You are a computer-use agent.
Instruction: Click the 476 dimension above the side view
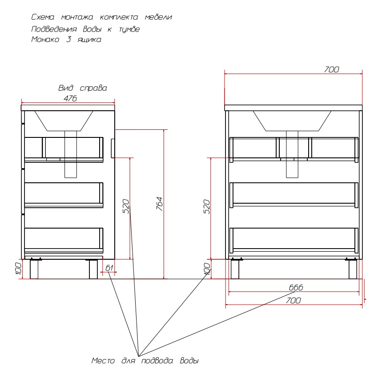[x=70, y=98]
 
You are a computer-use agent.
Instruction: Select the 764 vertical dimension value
[x=160, y=204]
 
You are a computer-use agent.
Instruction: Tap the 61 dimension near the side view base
[x=109, y=268]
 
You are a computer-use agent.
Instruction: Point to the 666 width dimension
[x=296, y=287]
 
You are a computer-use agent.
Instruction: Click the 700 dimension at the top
[x=331, y=69]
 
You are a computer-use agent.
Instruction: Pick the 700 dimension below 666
[x=294, y=300]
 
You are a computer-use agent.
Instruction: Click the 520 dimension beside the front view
[x=207, y=207]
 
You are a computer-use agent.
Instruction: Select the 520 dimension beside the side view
[x=126, y=206]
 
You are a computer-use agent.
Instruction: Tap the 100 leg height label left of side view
[x=18, y=269]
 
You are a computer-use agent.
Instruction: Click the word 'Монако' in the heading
[x=45, y=39]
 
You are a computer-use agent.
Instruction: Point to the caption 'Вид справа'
[x=83, y=88]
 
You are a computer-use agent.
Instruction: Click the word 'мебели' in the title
[x=158, y=17]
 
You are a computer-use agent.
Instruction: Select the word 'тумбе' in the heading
[x=129, y=29]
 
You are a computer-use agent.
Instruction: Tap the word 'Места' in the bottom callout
[x=103, y=361]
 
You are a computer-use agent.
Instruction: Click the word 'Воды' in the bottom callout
[x=189, y=361]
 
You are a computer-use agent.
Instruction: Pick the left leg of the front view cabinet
[x=235, y=269]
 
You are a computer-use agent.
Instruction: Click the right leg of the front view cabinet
[x=353, y=269]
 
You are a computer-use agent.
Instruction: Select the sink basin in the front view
[x=292, y=121]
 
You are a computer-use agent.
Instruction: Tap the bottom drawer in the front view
[x=294, y=240]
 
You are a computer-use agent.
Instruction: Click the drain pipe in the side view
[x=71, y=154]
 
